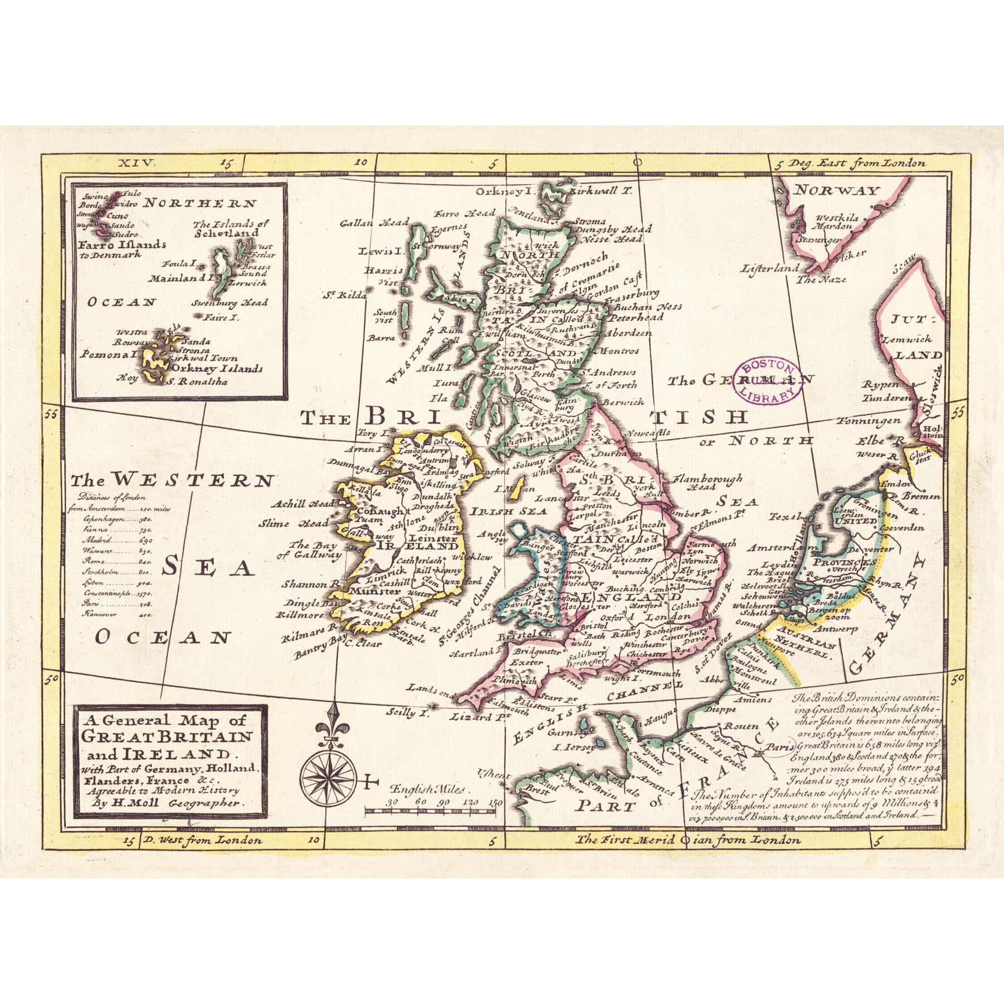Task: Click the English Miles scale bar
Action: tap(433, 810)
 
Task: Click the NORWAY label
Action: tap(837, 191)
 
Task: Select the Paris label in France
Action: tap(780, 746)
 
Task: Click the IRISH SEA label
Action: tap(501, 511)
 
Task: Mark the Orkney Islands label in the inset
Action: tap(218, 369)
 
